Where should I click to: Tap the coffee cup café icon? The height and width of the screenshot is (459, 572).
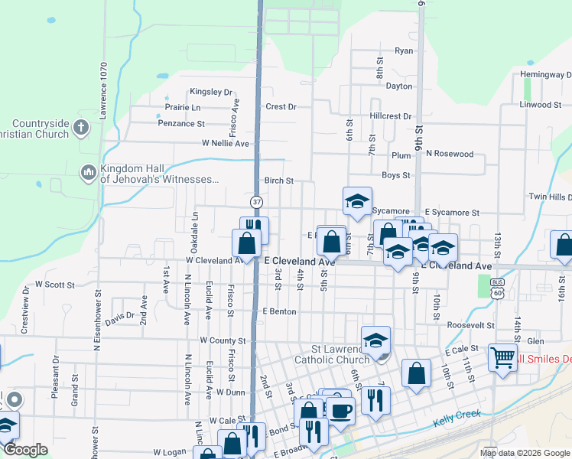(340, 411)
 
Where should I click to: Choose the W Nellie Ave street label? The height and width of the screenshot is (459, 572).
(226, 143)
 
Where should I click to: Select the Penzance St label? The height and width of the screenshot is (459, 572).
(181, 123)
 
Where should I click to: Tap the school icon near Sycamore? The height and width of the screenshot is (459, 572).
(357, 201)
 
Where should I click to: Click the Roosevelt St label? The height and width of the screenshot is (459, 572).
(471, 325)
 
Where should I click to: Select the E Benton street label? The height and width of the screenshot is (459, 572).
(278, 311)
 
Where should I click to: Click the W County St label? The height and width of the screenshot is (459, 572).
(223, 340)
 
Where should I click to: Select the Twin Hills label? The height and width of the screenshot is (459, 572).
(550, 197)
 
